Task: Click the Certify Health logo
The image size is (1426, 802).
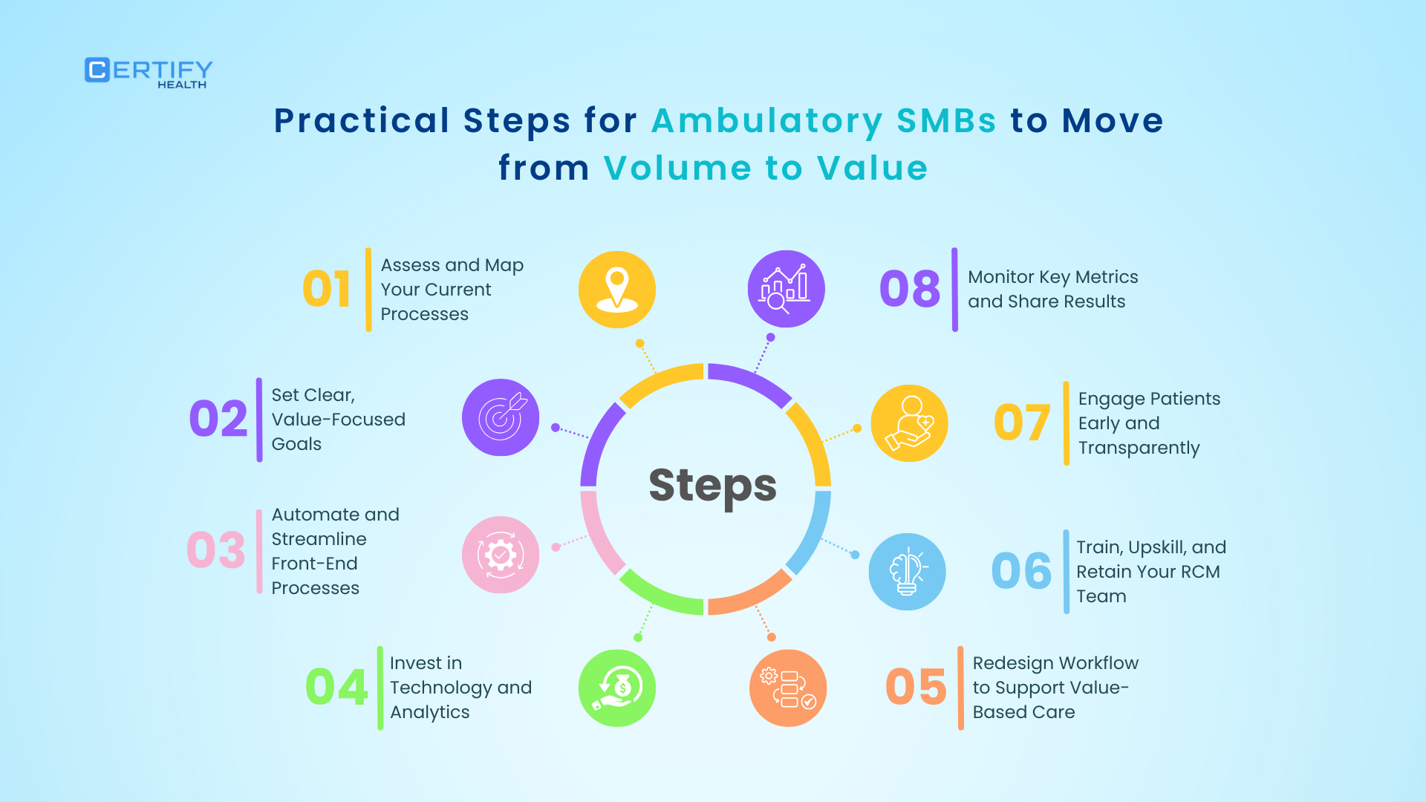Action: [149, 73]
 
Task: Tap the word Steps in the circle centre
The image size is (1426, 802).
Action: [713, 486]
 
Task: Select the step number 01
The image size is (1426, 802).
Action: [326, 289]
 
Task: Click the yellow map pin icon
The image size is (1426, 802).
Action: [617, 289]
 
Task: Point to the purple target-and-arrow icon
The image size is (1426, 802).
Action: [501, 417]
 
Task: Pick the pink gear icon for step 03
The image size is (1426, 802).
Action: [501, 555]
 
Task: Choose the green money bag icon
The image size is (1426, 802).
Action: [617, 688]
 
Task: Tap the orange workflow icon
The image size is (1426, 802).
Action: [788, 688]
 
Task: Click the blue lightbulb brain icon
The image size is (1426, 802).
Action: [907, 572]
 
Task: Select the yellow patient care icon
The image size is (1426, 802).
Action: [909, 423]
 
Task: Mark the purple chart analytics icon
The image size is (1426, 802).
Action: [786, 289]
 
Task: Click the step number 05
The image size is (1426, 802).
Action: [916, 687]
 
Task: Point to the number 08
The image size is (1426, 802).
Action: [909, 289]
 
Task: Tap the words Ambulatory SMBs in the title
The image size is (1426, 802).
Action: [824, 121]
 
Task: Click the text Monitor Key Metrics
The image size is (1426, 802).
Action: [1052, 277]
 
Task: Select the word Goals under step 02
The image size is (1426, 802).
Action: [296, 444]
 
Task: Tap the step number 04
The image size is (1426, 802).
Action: [336, 687]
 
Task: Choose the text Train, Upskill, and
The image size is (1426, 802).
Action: [1151, 548]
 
